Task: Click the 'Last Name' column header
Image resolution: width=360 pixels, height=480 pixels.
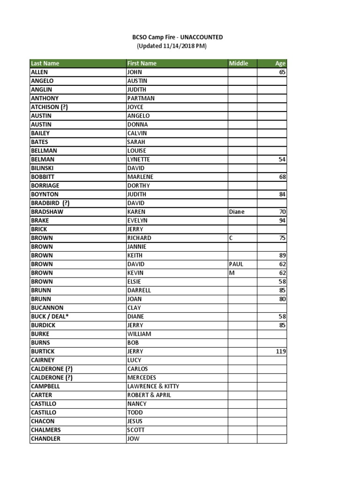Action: [45, 63]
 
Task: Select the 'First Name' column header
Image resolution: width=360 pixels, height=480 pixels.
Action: [142, 63]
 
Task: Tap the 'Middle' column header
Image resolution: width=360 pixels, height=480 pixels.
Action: [238, 63]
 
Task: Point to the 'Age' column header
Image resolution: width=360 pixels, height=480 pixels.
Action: [280, 64]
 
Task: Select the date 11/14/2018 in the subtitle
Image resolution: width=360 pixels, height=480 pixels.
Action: [179, 46]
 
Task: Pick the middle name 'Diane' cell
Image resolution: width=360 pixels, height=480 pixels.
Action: [237, 212]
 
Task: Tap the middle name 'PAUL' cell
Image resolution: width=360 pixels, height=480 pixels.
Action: [236, 264]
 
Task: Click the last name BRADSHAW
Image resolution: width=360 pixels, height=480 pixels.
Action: [47, 212]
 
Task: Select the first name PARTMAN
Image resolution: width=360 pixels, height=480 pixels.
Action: [141, 98]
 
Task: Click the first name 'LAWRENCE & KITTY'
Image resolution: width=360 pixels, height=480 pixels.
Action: [153, 386]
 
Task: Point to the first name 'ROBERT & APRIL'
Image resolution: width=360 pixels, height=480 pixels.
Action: [149, 395]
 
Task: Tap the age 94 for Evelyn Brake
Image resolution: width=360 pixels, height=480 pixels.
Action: [282, 221]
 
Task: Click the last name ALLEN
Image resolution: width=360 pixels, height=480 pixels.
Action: [39, 73]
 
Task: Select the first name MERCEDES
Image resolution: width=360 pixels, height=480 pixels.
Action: [142, 378]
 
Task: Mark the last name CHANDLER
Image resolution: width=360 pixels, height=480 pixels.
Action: [45, 439]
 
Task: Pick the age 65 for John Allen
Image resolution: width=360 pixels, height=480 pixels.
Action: [282, 73]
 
